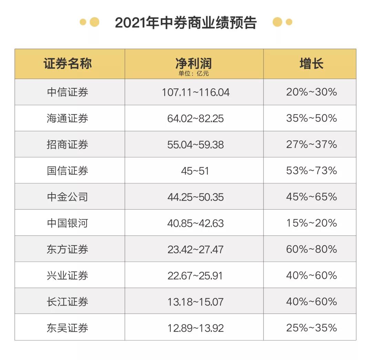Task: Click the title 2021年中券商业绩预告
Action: pos(186,23)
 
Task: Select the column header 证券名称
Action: pos(68,64)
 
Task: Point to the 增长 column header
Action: pos(311,64)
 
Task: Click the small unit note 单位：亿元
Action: pos(194,73)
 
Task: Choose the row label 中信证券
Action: pos(68,92)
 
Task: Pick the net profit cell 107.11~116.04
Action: pos(195,92)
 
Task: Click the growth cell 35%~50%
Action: pos(311,118)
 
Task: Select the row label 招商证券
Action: pos(68,144)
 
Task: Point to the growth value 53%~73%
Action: pos(311,171)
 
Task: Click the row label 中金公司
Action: pos(68,197)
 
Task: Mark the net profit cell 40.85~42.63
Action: pos(195,223)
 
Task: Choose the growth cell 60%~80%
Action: pos(311,249)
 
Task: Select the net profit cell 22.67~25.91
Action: pos(195,276)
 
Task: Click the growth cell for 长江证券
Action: pos(311,302)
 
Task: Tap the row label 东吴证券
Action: pos(68,328)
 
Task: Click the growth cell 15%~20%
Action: pos(311,223)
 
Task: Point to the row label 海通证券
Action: pos(68,118)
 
